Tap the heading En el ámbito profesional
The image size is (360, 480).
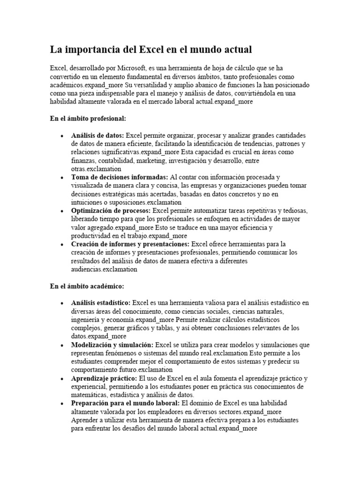tap(88, 119)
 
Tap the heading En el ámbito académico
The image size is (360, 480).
tap(87, 285)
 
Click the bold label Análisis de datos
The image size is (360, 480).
tap(98, 135)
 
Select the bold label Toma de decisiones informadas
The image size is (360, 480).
tap(120, 177)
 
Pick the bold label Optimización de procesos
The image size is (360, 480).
tap(111, 210)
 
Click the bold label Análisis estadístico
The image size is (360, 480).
tap(101, 302)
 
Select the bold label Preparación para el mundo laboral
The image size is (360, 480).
tap(125, 403)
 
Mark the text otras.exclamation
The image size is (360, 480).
tap(96, 168)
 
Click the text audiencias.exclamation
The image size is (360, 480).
tap(104, 269)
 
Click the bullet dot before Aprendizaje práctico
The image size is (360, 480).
tap(62, 378)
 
